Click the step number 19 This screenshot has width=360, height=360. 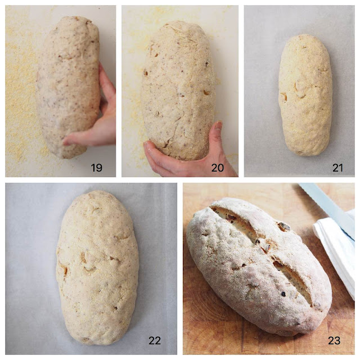click(x=96, y=168)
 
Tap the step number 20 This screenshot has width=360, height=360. click(x=218, y=168)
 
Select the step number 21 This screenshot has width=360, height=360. click(x=337, y=168)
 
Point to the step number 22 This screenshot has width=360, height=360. click(x=155, y=340)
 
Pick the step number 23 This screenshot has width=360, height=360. click(x=334, y=340)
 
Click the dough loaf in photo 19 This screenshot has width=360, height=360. click(x=69, y=87)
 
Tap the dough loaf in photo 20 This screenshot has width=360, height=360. click(x=178, y=89)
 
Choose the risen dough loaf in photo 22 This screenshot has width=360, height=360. click(x=97, y=268)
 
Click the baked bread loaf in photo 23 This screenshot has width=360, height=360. click(x=258, y=266)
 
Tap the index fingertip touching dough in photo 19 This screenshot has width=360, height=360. click(x=67, y=141)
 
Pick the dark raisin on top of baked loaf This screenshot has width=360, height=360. click(x=284, y=227)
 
